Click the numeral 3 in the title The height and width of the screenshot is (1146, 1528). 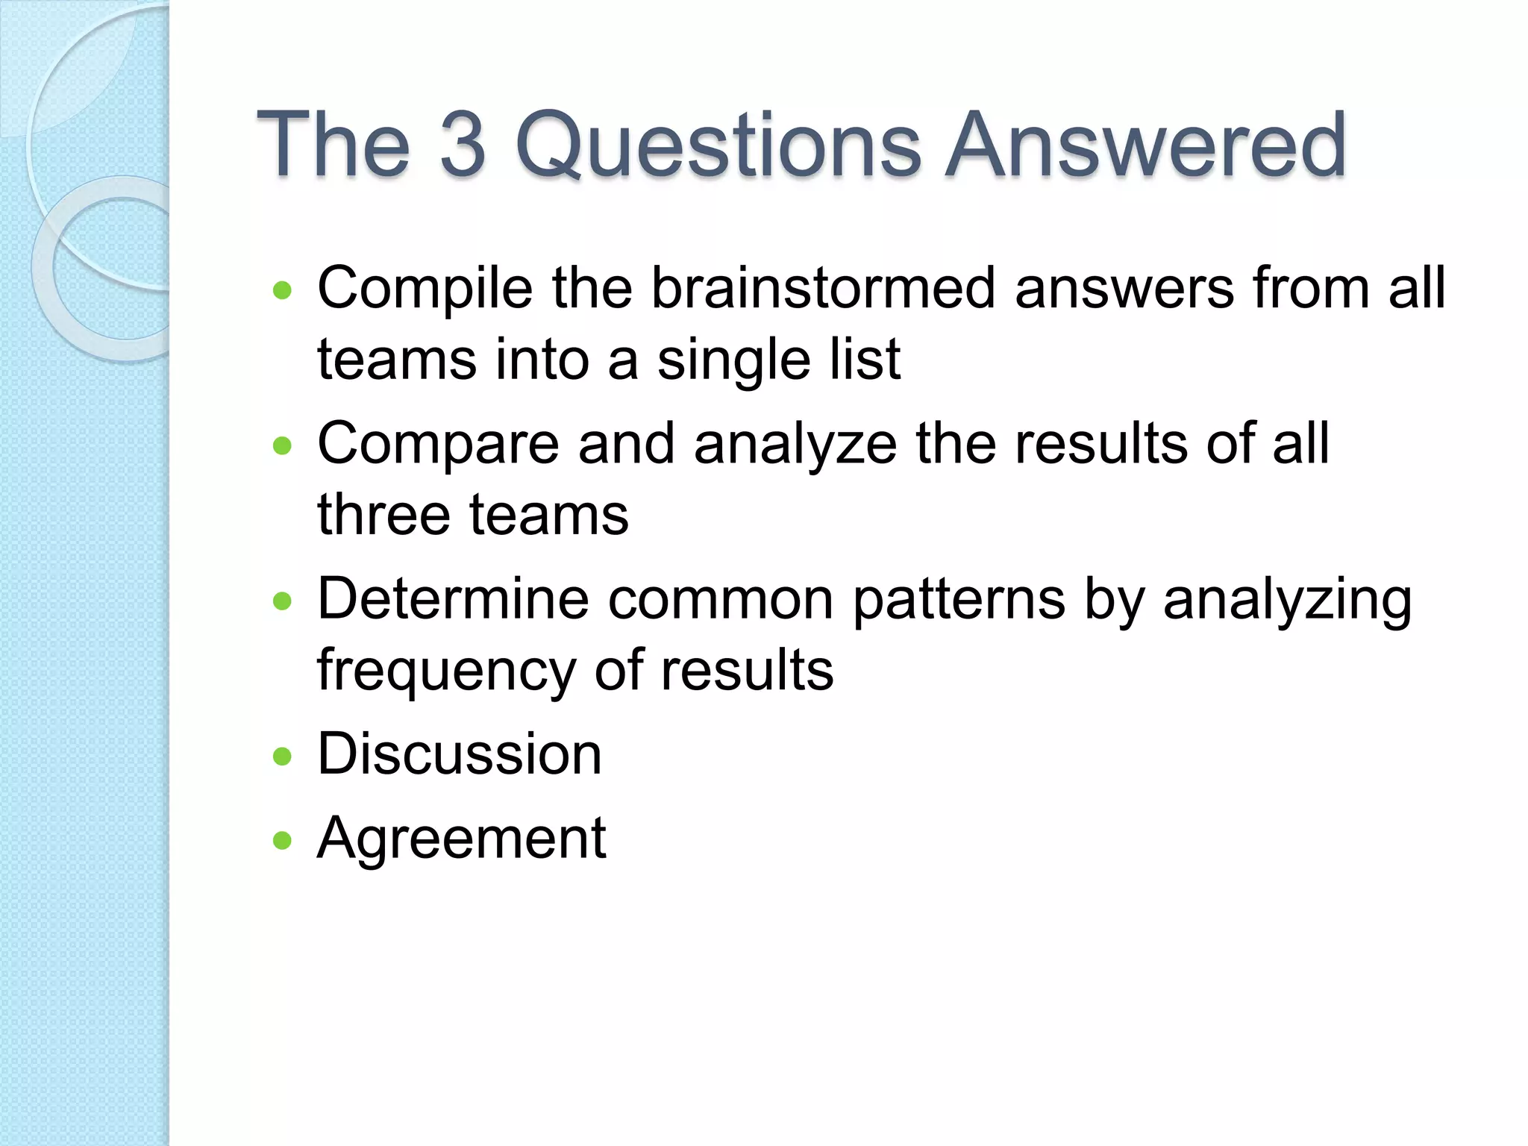click(x=463, y=144)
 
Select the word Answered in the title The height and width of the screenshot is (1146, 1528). click(x=1145, y=144)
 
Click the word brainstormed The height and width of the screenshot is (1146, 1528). click(x=823, y=288)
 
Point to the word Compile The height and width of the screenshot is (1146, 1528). click(x=425, y=289)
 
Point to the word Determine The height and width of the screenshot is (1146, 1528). click(x=453, y=598)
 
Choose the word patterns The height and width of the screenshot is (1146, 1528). click(x=959, y=600)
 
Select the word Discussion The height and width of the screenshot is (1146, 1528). click(x=460, y=754)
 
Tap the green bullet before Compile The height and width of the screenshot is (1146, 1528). click(x=283, y=290)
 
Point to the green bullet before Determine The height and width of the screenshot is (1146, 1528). click(x=283, y=601)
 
